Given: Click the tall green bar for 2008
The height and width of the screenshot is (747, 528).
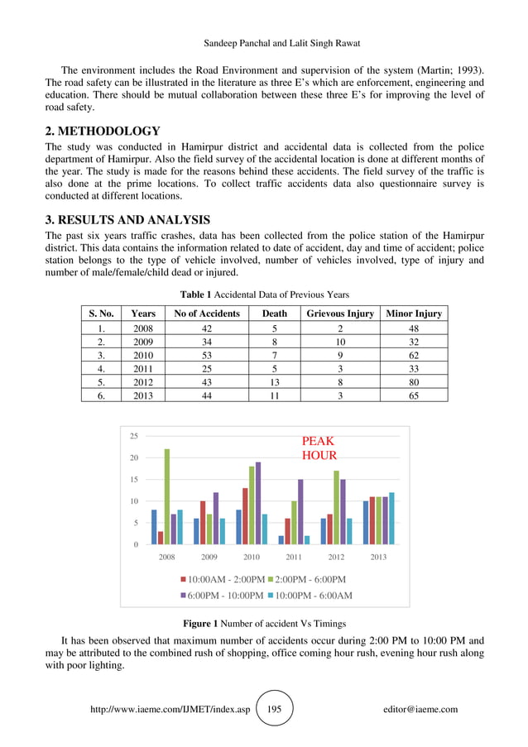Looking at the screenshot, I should coord(167,496).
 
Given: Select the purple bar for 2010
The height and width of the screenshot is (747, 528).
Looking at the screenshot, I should coord(258,503).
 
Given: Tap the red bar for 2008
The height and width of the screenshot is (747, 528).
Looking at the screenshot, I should coord(161,538).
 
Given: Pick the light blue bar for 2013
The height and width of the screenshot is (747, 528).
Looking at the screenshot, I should coord(391,519).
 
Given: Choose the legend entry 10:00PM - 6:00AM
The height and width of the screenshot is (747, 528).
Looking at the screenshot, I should coord(307,596).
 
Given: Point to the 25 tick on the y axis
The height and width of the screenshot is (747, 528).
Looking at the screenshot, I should coord(133,435).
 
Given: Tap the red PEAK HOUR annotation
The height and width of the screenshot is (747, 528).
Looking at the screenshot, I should coord(319,448).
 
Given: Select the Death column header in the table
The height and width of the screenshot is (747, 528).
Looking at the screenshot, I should coord(274,314).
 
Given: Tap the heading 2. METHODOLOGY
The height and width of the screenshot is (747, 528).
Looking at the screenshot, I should coord(103,132).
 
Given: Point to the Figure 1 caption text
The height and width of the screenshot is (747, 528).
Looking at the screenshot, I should coord(264,622).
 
